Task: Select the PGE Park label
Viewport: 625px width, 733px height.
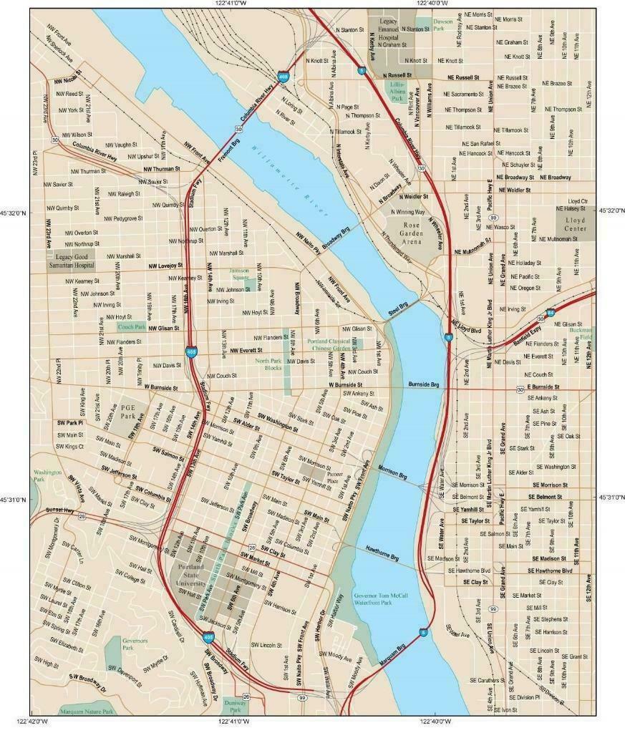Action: [127, 411]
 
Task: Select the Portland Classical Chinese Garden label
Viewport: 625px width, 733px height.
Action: [329, 341]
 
